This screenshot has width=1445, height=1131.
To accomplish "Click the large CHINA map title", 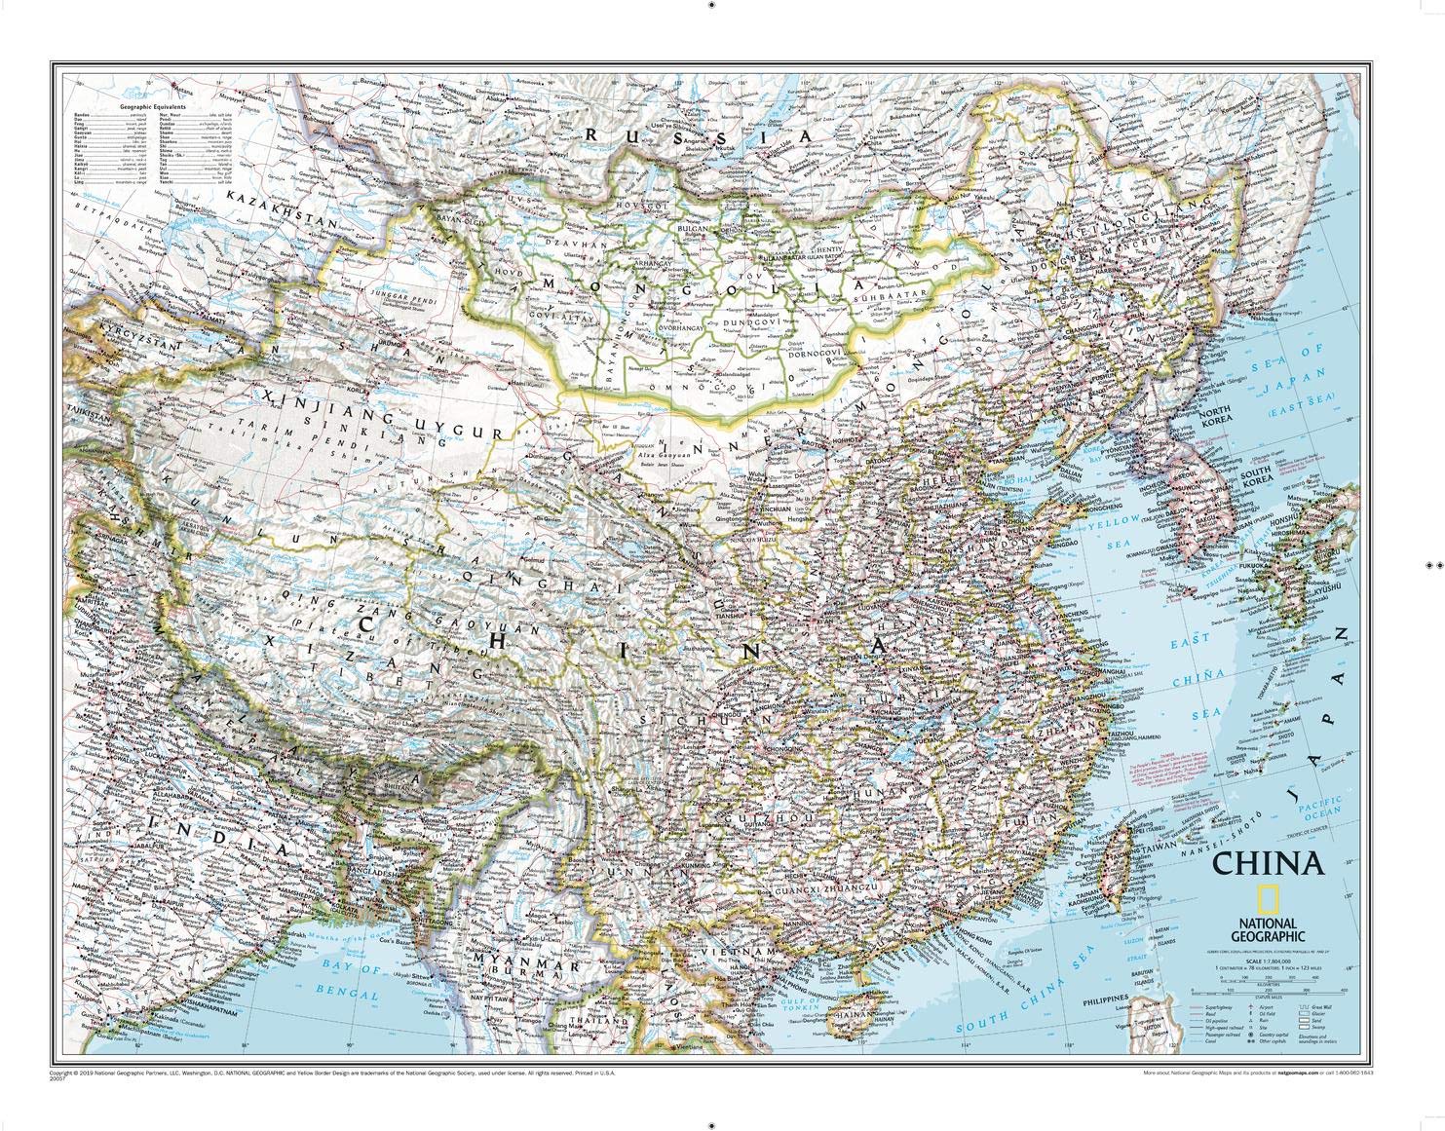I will point(1268,864).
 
